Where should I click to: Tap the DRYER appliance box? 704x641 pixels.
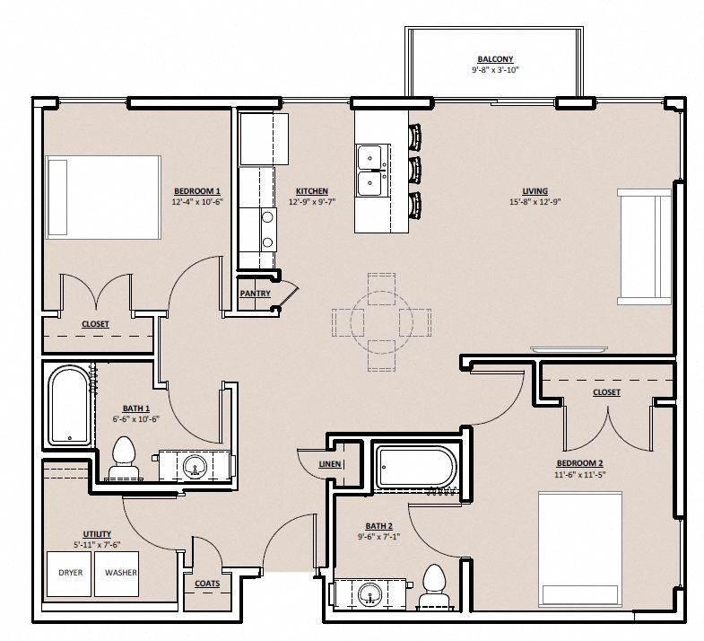[x=70, y=572]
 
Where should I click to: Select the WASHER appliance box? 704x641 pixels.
[x=121, y=572]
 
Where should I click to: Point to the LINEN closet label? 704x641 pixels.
[x=330, y=464]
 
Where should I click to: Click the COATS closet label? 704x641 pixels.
[x=207, y=583]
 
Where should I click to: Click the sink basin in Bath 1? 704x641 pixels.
[x=193, y=466]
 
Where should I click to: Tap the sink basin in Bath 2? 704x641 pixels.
[x=369, y=593]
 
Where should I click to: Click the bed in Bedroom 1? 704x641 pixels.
[x=103, y=198]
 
